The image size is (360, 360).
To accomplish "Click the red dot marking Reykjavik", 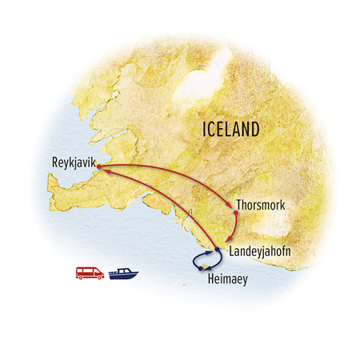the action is pyautogui.click(x=98, y=167).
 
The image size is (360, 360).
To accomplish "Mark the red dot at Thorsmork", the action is pyautogui.click(x=234, y=213).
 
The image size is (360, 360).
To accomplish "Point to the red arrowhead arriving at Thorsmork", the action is pyautogui.click(x=231, y=208).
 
